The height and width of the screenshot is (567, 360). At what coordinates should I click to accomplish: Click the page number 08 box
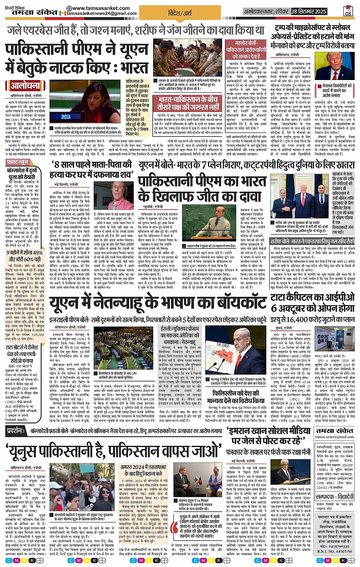click(x=348, y=11)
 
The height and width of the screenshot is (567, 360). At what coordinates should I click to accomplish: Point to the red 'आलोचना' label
click(x=25, y=85)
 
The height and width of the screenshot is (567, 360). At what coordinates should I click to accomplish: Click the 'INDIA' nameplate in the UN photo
click(x=66, y=117)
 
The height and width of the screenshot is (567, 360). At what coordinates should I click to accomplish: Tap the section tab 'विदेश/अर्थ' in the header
click(x=180, y=13)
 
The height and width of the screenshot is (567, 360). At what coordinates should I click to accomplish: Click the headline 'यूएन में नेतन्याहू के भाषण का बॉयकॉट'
click(x=158, y=303)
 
